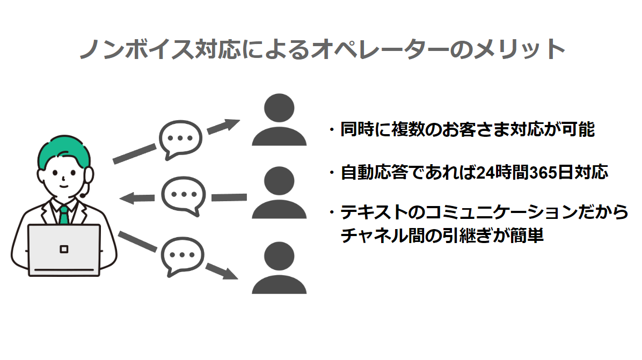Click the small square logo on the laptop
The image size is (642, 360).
tap(64, 249)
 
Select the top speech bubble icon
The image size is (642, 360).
tap(180, 138)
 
